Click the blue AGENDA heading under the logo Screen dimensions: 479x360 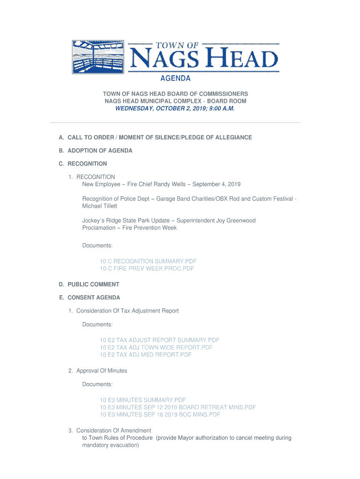pos(175,78)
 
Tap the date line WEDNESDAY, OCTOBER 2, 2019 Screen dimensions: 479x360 pos(175,108)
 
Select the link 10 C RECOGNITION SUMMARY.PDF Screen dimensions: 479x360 pos(148,261)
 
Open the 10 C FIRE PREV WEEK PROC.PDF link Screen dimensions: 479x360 pos(147,269)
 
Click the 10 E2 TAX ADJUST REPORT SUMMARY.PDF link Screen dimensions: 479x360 pos(159,340)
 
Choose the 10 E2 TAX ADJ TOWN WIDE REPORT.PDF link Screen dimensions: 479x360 pos(156,348)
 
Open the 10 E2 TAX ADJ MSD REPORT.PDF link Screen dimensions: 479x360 pos(145,355)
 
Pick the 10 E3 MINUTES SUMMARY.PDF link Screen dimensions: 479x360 pos(143,400)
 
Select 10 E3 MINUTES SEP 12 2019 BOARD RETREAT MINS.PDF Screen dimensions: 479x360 pos(178,407)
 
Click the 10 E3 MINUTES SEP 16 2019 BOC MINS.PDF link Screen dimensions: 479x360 pos(160,414)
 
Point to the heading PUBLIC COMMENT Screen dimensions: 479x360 pos(94,284)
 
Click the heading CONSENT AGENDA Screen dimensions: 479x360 pos(94,298)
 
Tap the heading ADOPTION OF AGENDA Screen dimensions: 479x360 pos(100,151)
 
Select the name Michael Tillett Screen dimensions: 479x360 pos(100,206)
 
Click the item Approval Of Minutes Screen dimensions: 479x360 pos(101,371)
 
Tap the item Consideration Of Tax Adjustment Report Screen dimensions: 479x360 pos(127,311)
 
